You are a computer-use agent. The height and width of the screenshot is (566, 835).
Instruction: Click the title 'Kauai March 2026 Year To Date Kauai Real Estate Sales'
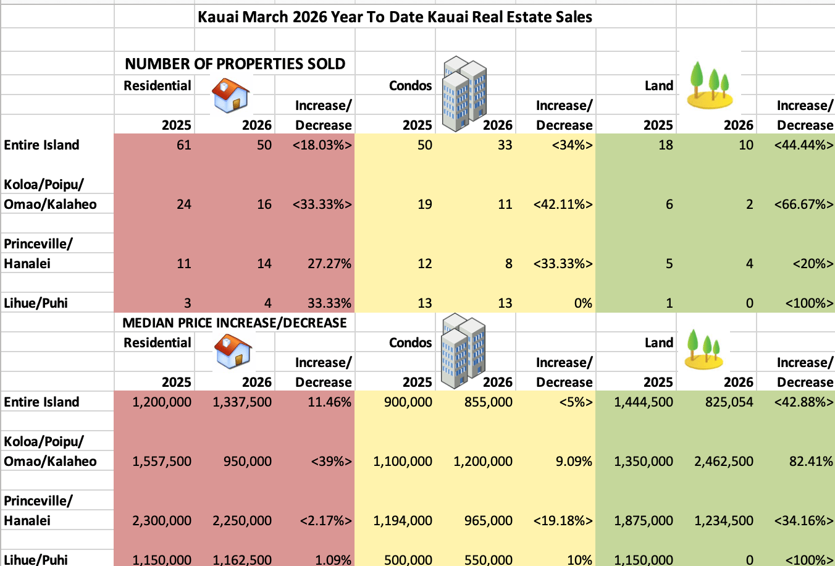tap(395, 17)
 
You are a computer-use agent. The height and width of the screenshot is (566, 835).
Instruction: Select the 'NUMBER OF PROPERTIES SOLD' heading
tap(235, 64)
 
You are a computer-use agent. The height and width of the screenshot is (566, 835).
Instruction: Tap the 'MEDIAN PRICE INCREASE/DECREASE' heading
tap(235, 323)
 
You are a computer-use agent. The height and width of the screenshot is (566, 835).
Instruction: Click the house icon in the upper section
tap(231, 96)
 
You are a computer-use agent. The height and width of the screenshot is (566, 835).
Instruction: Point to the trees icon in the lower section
tap(704, 349)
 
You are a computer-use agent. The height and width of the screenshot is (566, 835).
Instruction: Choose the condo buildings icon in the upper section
tap(465, 93)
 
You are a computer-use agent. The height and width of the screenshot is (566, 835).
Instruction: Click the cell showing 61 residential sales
tap(183, 145)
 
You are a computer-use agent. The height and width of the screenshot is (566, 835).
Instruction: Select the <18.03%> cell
tap(322, 145)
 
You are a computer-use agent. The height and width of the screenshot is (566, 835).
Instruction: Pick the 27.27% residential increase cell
tap(329, 264)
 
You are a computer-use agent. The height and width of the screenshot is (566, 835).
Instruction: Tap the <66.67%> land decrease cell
tap(804, 205)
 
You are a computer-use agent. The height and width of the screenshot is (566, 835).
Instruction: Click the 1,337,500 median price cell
tap(242, 402)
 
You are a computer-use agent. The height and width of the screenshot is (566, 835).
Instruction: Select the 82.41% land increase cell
tap(811, 462)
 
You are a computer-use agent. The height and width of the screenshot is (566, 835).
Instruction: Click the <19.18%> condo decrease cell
tap(563, 521)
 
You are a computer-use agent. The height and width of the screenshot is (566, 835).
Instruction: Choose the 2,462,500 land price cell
tap(724, 462)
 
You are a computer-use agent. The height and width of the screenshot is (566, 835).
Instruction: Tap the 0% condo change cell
tap(582, 303)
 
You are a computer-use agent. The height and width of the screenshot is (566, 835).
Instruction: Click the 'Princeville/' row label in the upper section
tap(38, 244)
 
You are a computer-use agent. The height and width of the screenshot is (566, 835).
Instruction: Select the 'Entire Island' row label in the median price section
tap(41, 402)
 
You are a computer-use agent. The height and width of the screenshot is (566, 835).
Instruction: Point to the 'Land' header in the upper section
tap(658, 86)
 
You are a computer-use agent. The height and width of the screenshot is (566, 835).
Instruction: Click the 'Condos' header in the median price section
tap(410, 343)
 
